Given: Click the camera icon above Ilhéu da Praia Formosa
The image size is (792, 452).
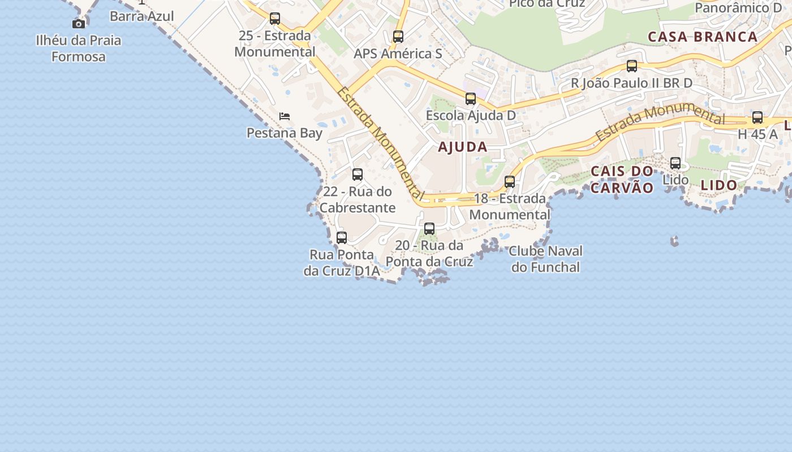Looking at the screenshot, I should (79, 24).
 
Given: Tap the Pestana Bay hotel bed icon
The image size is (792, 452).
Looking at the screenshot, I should (285, 116).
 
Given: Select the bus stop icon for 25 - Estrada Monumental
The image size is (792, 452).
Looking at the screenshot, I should (275, 19).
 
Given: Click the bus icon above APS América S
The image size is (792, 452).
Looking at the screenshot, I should (398, 37).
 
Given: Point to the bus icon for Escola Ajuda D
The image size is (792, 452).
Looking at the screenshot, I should (471, 99).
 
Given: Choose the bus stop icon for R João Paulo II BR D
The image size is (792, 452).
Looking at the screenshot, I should (632, 66).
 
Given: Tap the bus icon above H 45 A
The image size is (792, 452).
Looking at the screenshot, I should (757, 118).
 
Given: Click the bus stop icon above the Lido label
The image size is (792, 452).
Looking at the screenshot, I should (675, 163).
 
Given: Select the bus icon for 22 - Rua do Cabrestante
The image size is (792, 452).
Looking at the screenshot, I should (358, 175).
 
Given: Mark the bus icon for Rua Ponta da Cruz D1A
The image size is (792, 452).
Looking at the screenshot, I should (342, 238).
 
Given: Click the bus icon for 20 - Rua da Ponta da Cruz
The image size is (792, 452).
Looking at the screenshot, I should (429, 229).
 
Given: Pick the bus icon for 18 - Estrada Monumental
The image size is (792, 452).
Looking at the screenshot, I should (510, 182).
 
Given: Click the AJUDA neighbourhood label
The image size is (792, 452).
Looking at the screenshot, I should (463, 147).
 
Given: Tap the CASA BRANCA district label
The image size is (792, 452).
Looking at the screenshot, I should (703, 37).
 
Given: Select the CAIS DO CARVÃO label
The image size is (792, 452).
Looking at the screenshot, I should (622, 180).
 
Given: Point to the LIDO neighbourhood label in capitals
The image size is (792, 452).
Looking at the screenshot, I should (719, 185).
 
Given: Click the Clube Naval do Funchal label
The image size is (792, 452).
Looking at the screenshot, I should (546, 259).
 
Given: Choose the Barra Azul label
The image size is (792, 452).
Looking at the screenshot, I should (142, 16).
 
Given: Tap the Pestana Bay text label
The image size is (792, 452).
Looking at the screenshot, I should (285, 133).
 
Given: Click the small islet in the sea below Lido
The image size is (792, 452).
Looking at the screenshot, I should (674, 241).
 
